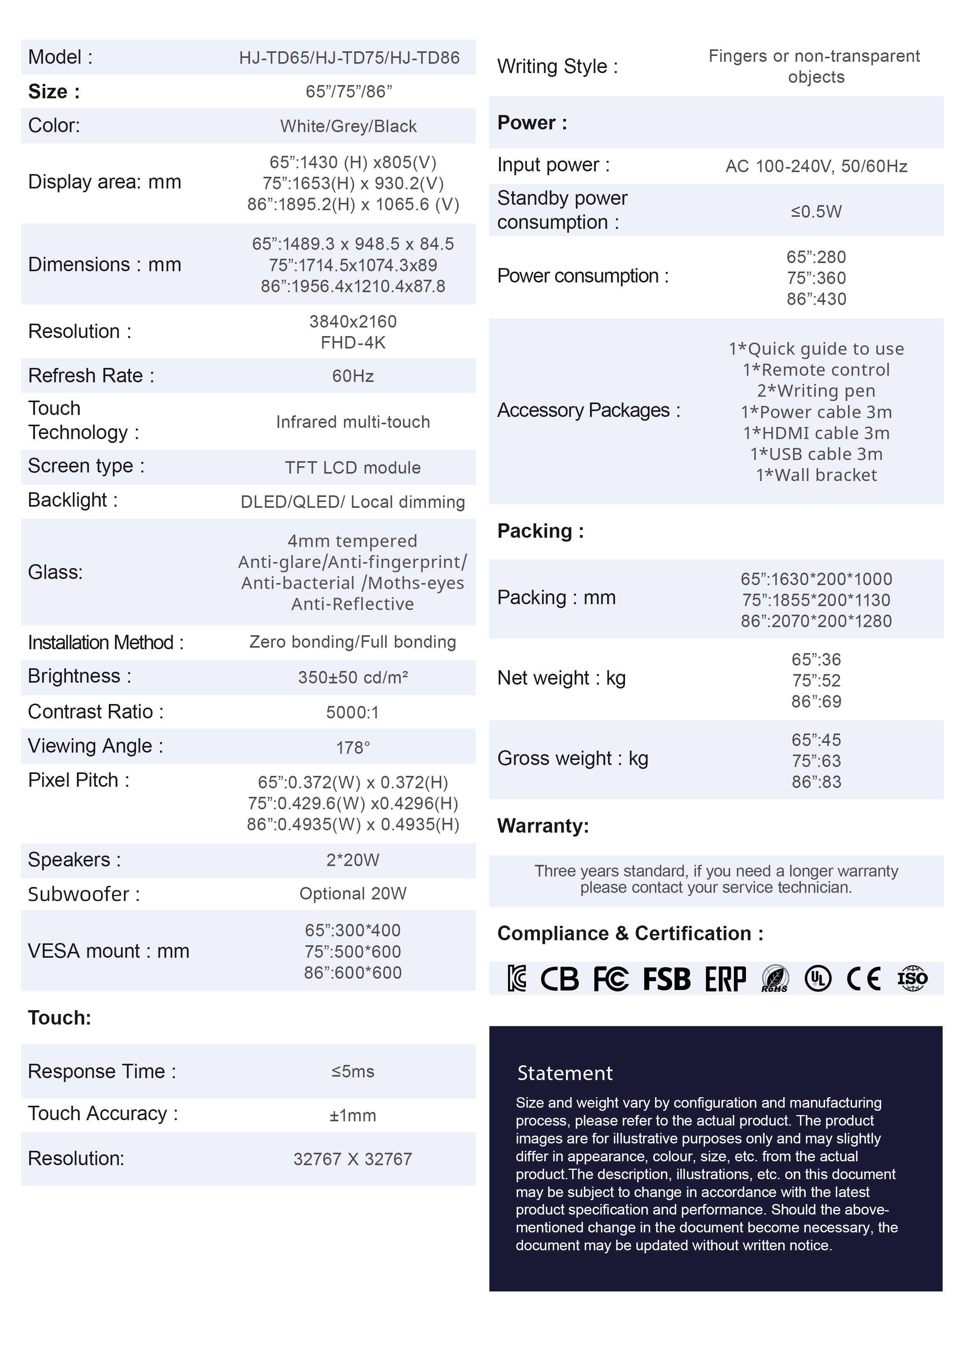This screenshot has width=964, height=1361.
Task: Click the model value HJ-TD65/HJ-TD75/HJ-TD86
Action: tap(349, 58)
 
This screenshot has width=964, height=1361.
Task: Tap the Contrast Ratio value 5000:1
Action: tap(353, 712)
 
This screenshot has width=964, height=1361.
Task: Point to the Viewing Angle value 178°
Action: tap(353, 748)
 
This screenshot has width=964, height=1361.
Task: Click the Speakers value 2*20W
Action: tap(353, 860)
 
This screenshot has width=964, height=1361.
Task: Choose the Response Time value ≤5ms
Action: tap(353, 1072)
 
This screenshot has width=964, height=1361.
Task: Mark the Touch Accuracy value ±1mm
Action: tap(353, 1115)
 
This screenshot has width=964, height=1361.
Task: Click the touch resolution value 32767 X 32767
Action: tap(353, 1159)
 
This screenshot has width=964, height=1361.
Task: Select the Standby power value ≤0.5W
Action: tap(816, 212)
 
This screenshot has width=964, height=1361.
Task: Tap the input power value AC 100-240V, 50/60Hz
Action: tap(816, 166)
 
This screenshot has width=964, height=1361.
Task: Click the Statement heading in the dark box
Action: tap(564, 1073)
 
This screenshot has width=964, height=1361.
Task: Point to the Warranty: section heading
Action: tap(543, 826)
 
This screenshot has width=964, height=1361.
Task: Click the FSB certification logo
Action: tap(667, 979)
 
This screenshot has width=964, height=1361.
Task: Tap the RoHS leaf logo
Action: tap(775, 979)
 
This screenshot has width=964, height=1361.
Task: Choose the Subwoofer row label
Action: tap(84, 894)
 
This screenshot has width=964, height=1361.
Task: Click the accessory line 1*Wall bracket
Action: tap(816, 475)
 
